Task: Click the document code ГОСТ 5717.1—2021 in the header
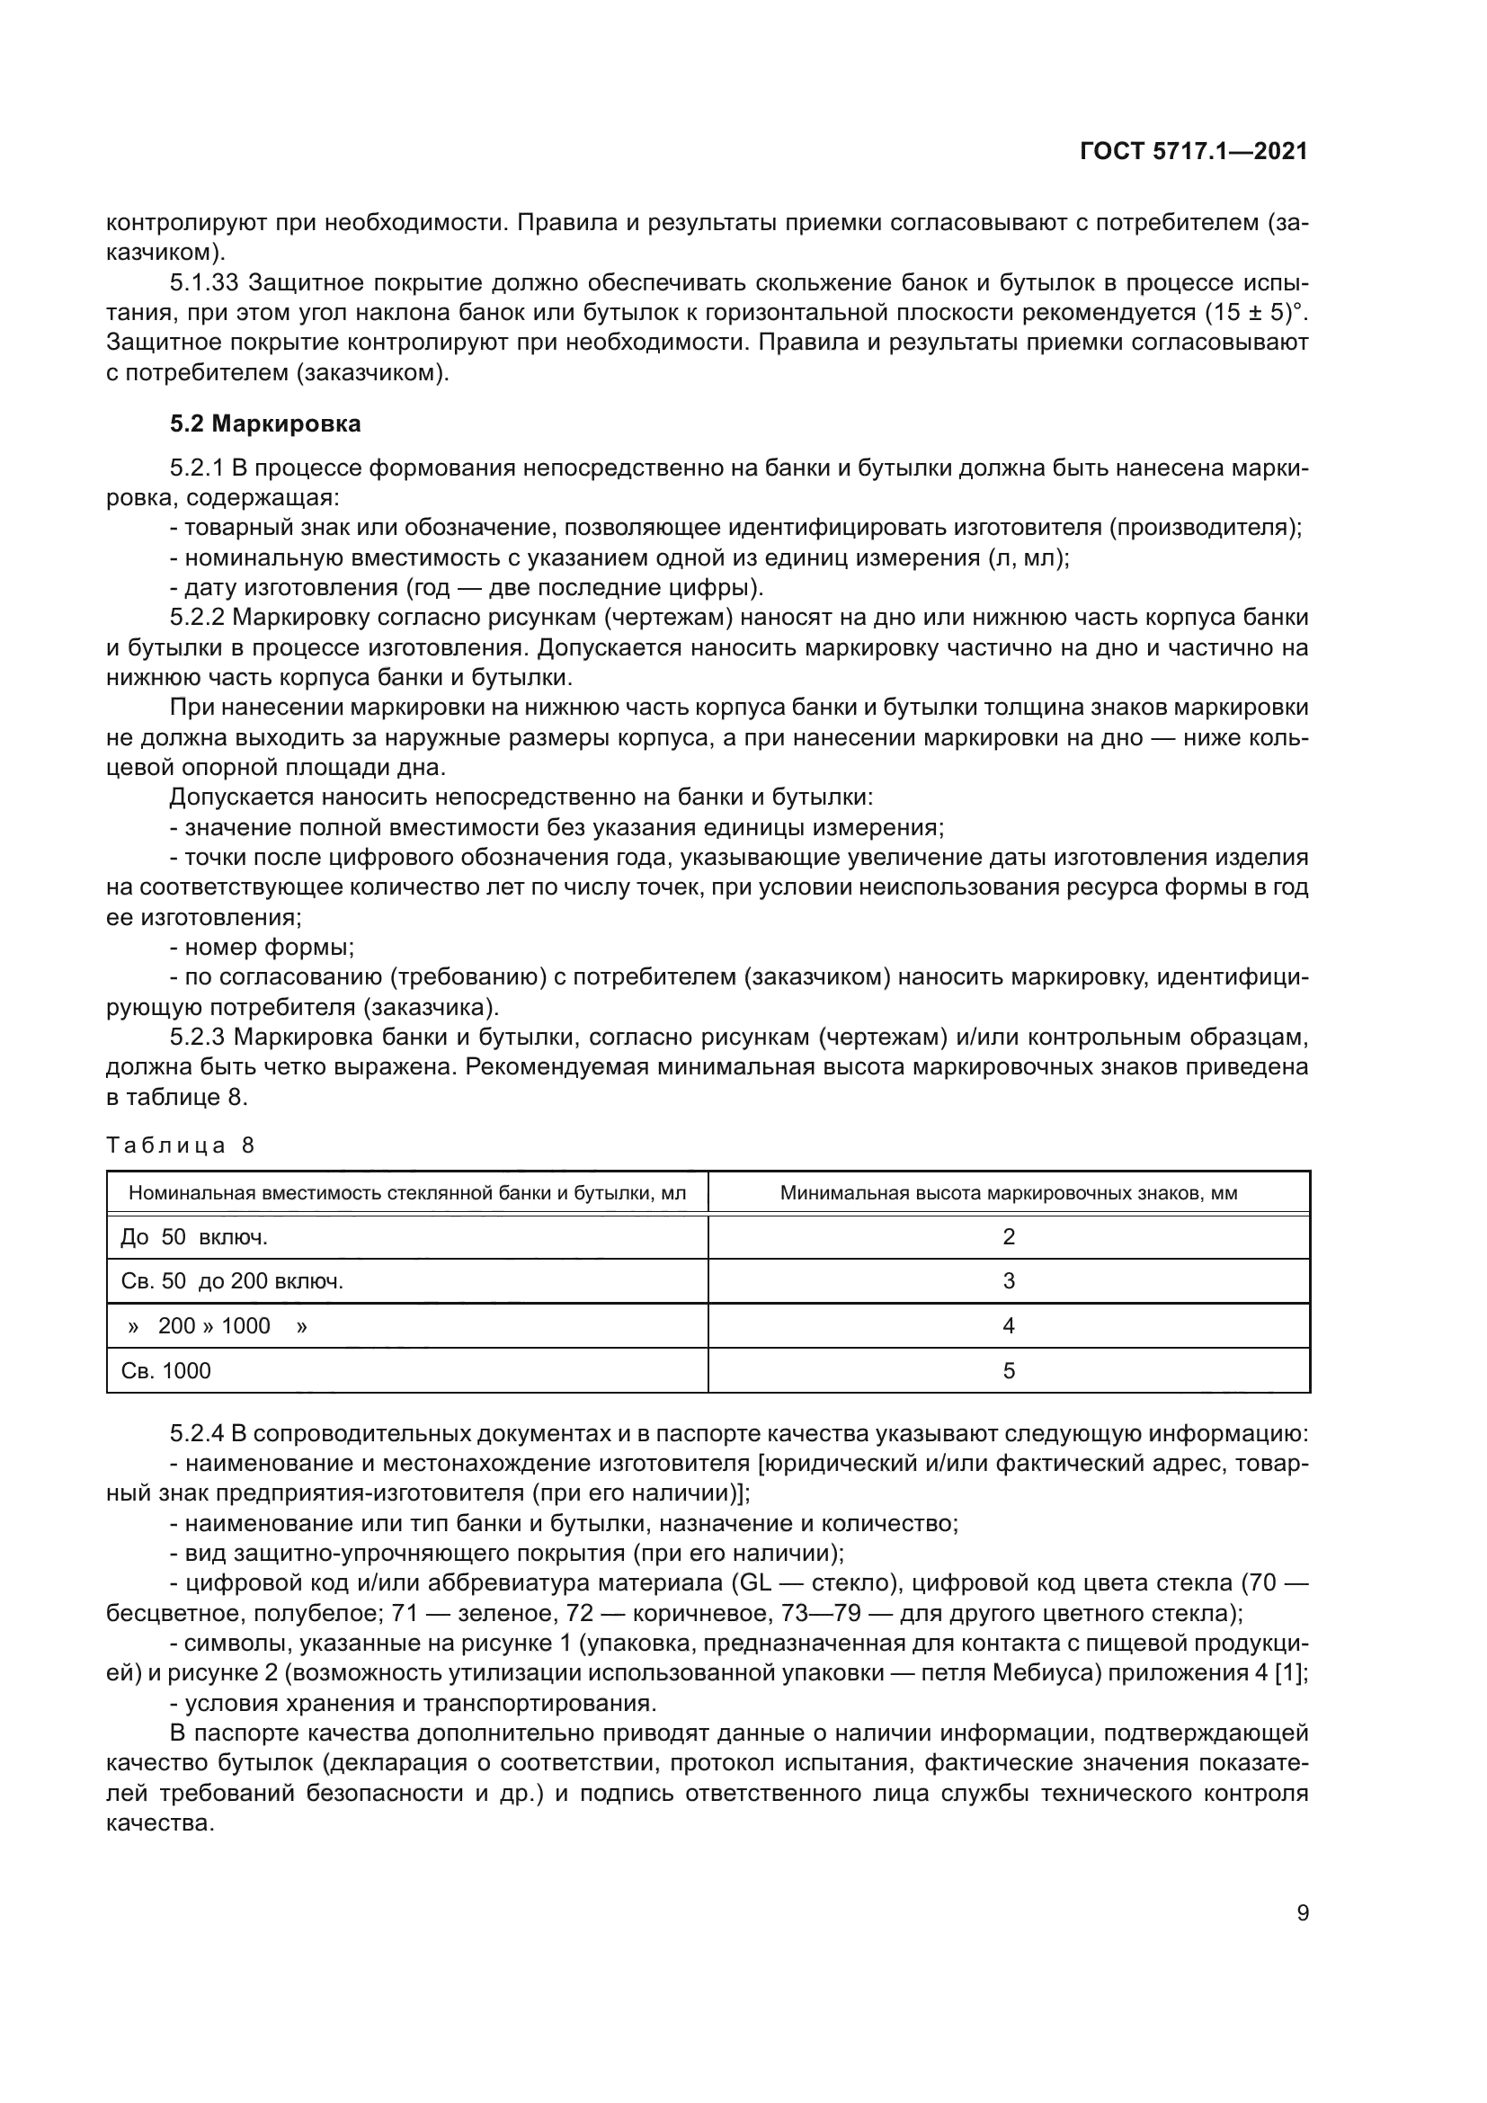click(1193, 151)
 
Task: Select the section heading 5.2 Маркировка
click(265, 424)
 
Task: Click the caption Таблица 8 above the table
click(181, 1145)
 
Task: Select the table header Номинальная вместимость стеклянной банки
click(406, 1193)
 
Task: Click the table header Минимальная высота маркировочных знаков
click(1008, 1193)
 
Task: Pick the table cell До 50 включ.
click(193, 1237)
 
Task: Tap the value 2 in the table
click(1008, 1237)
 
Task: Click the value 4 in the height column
click(1008, 1325)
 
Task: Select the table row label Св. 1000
click(165, 1370)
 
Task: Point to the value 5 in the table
click(1008, 1370)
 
